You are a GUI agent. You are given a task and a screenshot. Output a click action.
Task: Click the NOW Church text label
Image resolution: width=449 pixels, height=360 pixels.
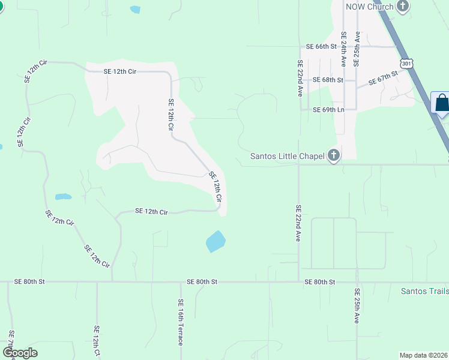[369, 7]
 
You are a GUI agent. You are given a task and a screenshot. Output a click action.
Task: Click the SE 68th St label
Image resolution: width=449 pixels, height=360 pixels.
[327, 80]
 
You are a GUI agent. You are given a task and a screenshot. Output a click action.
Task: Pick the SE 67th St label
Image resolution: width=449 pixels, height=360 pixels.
[384, 78]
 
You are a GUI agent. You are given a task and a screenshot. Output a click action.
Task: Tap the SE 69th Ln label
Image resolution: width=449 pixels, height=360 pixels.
[328, 110]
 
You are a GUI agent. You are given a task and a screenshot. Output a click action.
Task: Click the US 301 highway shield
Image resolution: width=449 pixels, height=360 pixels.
[407, 63]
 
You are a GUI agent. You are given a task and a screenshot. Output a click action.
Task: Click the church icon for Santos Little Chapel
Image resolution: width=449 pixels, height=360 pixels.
[334, 156]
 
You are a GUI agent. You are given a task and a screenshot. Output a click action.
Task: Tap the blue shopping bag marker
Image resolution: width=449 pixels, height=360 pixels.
[442, 103]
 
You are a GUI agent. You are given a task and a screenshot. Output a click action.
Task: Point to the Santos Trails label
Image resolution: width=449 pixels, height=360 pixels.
[424, 291]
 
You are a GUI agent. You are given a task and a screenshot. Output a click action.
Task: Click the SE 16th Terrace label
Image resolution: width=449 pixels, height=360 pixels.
[180, 322]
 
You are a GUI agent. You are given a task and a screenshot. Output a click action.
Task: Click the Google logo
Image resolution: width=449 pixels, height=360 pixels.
[20, 353]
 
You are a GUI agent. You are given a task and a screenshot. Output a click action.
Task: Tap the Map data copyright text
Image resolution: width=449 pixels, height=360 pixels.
[423, 355]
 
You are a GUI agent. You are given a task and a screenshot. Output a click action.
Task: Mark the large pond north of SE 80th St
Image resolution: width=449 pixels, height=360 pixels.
[215, 241]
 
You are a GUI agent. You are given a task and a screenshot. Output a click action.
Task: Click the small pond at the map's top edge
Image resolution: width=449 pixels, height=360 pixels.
[135, 10]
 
